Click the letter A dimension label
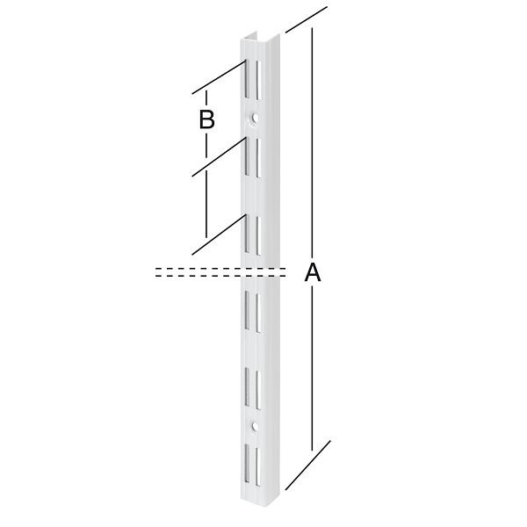(x=312, y=274)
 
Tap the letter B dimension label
(x=206, y=120)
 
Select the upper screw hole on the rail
(x=254, y=116)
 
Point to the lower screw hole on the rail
(x=254, y=427)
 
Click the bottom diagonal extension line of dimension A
(x=307, y=465)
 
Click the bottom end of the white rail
(x=260, y=505)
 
